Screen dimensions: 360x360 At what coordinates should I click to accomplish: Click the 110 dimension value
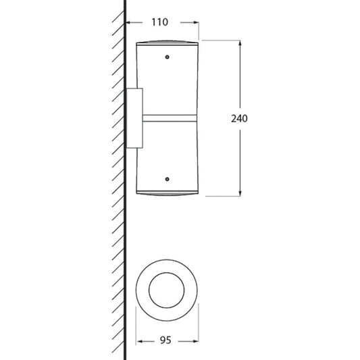coord(160,22)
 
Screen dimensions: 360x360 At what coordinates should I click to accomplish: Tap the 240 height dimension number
coord(239,119)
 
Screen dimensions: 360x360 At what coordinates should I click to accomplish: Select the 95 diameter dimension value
coord(165,340)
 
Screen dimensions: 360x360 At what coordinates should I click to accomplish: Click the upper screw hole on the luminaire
coord(167,57)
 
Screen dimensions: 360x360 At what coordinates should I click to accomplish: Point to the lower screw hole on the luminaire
coord(167,179)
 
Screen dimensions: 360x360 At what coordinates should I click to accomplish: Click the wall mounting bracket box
coord(135,118)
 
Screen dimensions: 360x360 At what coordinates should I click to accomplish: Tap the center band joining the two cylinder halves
coord(170,118)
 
